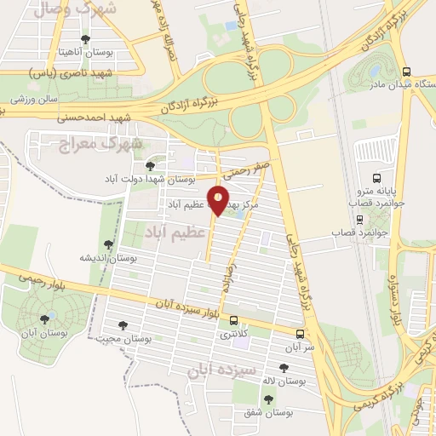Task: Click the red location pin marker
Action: [x=219, y=200]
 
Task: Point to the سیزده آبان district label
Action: [x=216, y=371]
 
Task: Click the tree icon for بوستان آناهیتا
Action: [x=83, y=39]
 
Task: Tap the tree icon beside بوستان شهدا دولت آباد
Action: [x=151, y=167]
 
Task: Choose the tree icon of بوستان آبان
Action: [x=44, y=319]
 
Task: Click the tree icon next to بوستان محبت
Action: [x=122, y=325]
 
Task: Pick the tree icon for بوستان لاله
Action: [x=283, y=368]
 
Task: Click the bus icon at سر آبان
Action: [x=300, y=334]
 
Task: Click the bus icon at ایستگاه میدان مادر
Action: [x=406, y=72]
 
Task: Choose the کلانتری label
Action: [x=235, y=335]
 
